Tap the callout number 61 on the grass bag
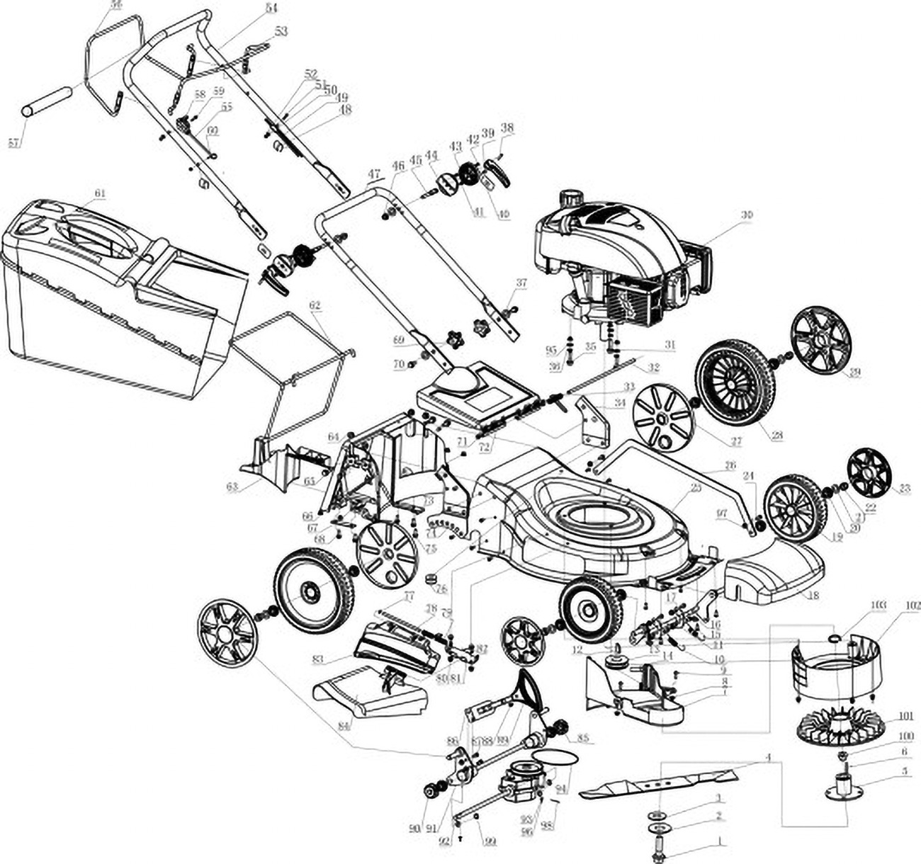pos(100,193)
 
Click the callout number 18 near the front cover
pos(813,596)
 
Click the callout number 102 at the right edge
pos(912,606)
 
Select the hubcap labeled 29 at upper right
pos(820,340)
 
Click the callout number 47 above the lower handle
pos(375,174)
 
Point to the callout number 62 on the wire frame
pos(315,305)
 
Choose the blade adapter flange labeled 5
pos(843,788)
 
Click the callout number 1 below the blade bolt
pos(721,843)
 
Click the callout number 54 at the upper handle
pos(252,8)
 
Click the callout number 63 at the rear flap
pos(232,487)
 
